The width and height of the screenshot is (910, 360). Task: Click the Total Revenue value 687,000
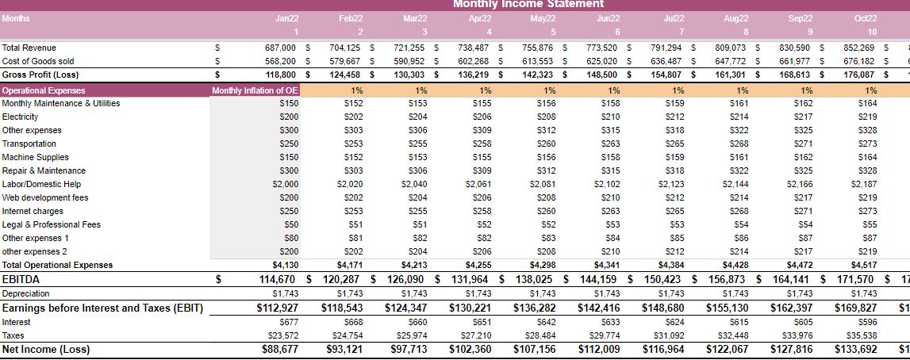click(280, 48)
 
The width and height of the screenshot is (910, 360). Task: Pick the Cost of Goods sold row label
click(38, 61)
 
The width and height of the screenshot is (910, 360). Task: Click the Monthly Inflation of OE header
click(244, 90)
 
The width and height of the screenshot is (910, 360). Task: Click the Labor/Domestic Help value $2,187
click(864, 184)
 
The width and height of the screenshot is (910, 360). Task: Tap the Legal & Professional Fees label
click(52, 224)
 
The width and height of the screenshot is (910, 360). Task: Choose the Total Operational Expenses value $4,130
click(284, 265)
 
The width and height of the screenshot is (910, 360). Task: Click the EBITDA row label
click(21, 279)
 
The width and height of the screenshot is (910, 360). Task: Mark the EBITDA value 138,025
click(535, 279)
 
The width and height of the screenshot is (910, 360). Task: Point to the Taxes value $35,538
click(862, 335)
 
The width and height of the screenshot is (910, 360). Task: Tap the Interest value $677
click(288, 322)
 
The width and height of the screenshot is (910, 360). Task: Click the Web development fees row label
click(40, 197)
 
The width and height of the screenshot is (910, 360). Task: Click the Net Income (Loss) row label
click(46, 349)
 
